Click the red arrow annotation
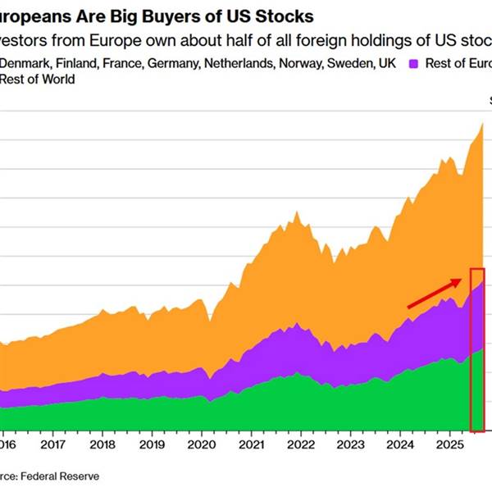pos(434,294)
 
